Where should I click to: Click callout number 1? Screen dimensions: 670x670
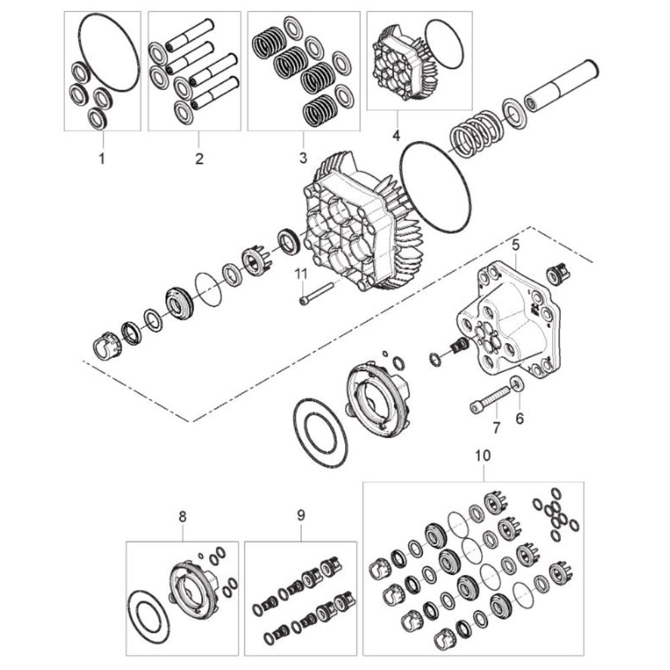click(102, 159)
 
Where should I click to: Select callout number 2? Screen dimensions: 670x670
click(199, 159)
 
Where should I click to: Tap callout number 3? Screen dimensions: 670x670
click(303, 158)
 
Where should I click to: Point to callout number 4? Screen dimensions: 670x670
click(396, 136)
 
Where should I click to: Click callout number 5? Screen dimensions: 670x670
click(516, 245)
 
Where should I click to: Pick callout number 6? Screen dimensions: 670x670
click(520, 418)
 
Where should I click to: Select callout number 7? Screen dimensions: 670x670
click(496, 427)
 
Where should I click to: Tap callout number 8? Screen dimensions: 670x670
click(182, 517)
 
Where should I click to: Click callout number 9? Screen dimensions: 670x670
click(301, 516)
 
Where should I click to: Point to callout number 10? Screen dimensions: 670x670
click(483, 456)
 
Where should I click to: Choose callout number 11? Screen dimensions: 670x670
click(302, 274)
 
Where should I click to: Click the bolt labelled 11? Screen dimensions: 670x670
click(316, 293)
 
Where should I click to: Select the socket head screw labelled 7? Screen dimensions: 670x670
click(490, 399)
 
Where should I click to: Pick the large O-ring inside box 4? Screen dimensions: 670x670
click(444, 44)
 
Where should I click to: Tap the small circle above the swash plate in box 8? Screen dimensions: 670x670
click(201, 555)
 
